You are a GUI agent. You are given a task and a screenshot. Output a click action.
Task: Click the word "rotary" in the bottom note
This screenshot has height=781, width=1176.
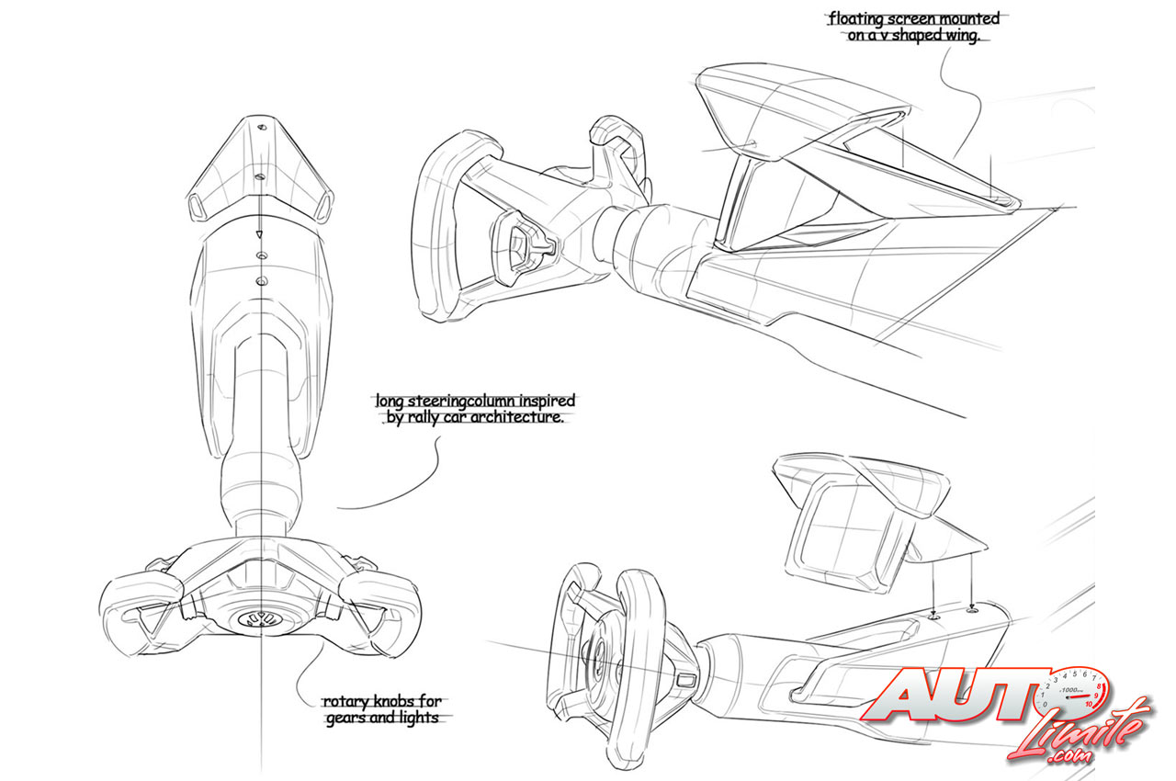coord(345,702)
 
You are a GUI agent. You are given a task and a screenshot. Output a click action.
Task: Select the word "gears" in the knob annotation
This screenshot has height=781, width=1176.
coord(348,719)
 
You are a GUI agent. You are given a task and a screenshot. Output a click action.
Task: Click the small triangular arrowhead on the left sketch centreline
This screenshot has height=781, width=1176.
coord(260,234)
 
